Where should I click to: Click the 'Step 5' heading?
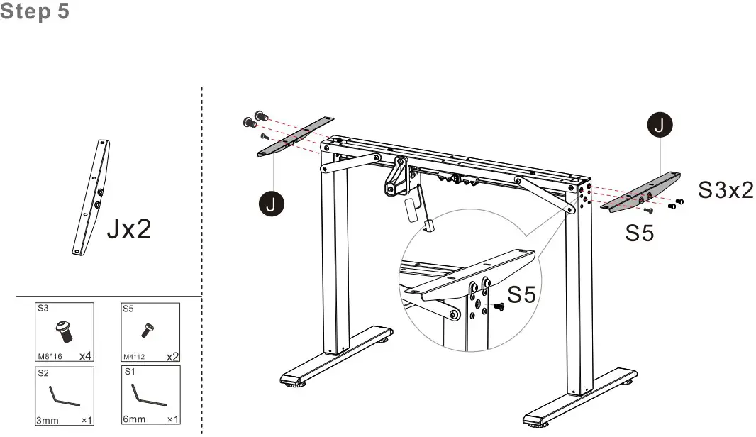35,11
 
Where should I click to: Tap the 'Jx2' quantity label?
129,228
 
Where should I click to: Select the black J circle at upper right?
660,125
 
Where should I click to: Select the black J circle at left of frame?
271,203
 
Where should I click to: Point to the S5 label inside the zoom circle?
522,294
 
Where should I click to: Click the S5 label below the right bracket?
639,233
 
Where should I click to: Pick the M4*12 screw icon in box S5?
148,331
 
